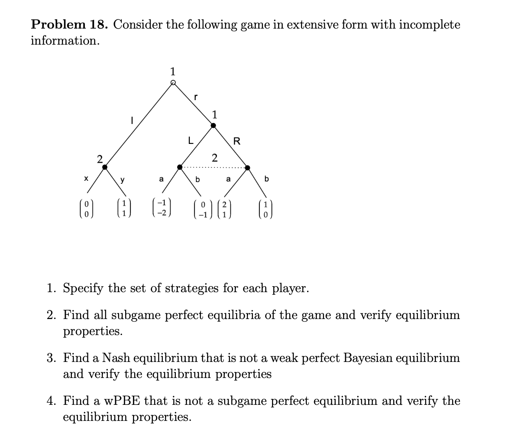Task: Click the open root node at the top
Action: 173,82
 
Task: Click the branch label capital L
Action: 189,140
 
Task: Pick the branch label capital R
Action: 236,140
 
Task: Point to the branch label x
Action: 86,178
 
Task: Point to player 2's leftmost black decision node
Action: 105,166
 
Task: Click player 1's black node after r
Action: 213,126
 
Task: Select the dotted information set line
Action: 214,167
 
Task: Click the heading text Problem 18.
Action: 69,25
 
